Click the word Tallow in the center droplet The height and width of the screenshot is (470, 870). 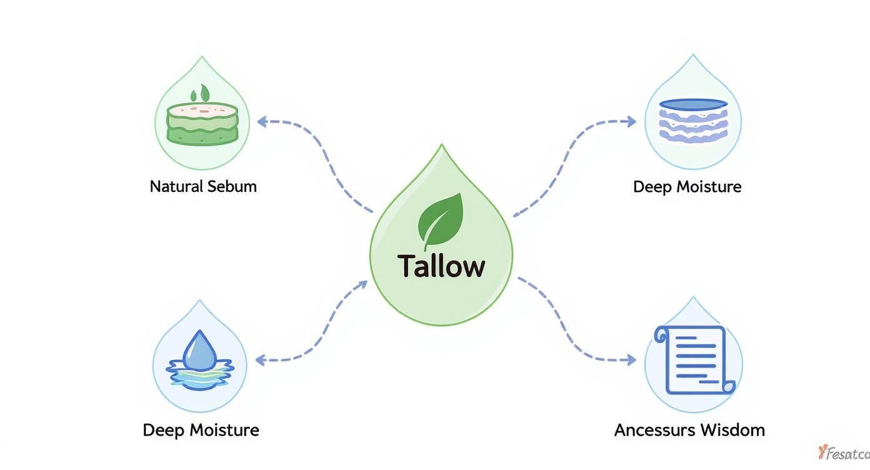tap(441, 266)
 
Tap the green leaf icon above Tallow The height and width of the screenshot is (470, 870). tap(441, 220)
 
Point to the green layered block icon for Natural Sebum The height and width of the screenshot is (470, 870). tap(202, 122)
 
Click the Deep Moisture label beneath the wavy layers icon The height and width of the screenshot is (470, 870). tap(687, 187)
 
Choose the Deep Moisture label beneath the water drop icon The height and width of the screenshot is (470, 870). tap(201, 430)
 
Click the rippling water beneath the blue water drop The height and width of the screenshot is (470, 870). tap(199, 374)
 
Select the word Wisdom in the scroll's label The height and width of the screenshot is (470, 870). tap(732, 430)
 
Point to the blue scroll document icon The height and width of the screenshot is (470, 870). tap(694, 360)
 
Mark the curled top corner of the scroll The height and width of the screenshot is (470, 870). tap(661, 336)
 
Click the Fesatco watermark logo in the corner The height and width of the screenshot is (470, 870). tap(843, 452)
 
